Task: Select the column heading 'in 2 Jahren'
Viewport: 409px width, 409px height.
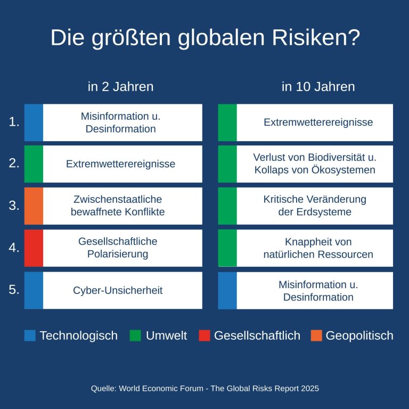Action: (120, 87)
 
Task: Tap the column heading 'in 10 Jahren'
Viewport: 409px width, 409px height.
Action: (318, 87)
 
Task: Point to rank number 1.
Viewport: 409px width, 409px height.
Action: (14, 122)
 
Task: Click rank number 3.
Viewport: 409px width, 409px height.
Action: (14, 206)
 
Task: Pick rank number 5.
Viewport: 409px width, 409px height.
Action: (14, 290)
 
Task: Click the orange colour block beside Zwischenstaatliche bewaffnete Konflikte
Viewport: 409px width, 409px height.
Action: (34, 206)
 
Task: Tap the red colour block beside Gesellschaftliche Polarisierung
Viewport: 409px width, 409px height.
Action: (34, 248)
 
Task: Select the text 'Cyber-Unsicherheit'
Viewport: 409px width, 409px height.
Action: (118, 290)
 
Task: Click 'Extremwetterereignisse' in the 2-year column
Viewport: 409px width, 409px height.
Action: (120, 164)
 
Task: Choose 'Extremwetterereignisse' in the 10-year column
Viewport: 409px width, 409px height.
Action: (318, 122)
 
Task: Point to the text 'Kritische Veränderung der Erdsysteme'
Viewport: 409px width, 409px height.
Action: (315, 206)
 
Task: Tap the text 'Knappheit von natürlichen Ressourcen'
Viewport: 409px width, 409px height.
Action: (318, 248)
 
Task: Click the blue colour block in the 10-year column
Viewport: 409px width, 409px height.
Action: (227, 290)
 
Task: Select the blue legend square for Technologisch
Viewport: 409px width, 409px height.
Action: (30, 336)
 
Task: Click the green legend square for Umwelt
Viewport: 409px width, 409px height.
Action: (135, 336)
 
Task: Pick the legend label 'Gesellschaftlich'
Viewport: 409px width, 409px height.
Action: (257, 336)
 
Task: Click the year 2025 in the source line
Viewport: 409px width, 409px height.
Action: (309, 389)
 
